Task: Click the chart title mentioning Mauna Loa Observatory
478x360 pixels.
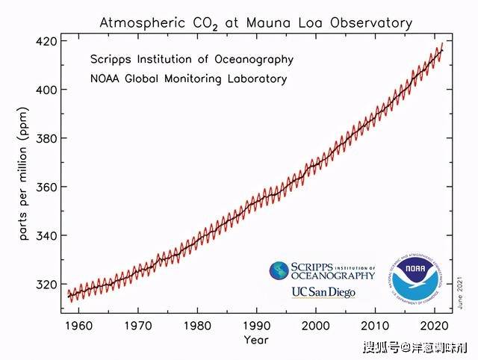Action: pyautogui.click(x=255, y=23)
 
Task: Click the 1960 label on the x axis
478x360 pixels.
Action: pyautogui.click(x=78, y=326)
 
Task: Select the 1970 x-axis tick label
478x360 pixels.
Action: pyautogui.click(x=137, y=326)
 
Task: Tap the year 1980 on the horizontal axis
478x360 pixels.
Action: pyautogui.click(x=197, y=326)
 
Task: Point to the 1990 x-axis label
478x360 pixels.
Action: pyautogui.click(x=256, y=326)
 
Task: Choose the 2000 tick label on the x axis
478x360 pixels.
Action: pyautogui.click(x=316, y=326)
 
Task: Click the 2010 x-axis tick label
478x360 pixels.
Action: pyautogui.click(x=376, y=326)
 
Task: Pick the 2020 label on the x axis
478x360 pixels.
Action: pyautogui.click(x=435, y=326)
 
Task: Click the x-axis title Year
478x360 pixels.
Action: pyautogui.click(x=255, y=341)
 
